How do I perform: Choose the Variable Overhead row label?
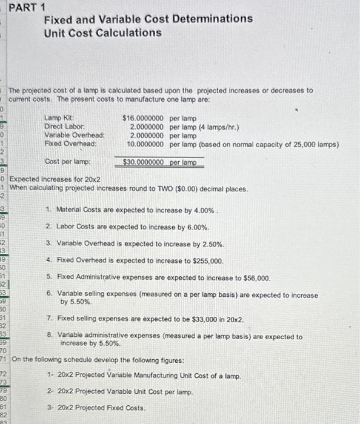point(74,136)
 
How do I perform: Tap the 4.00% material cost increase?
point(201,210)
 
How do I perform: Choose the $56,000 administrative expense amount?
point(255,278)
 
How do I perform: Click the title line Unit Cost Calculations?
point(102,32)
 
